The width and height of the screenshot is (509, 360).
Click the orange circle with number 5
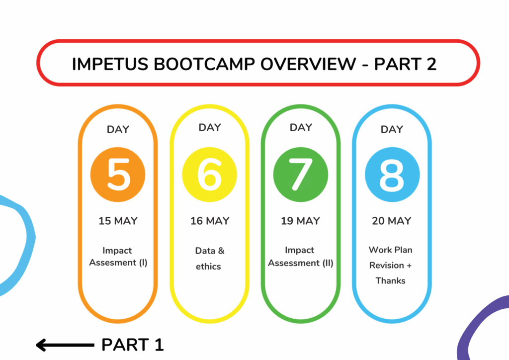point(118,175)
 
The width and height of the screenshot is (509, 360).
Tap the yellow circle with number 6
point(209,175)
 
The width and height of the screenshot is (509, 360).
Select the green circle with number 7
point(301,175)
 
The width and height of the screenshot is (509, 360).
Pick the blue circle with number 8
point(392,175)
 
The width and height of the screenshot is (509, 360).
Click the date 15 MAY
point(118,221)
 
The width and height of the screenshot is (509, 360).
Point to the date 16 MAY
point(210,221)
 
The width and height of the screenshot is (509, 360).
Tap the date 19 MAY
point(301,221)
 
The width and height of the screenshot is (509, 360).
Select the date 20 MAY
point(392,221)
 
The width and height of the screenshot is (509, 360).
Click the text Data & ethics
point(209,259)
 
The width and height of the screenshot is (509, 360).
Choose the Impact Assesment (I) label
point(118,257)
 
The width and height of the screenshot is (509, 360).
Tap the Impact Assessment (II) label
point(301,257)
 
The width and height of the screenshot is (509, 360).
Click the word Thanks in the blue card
point(391,281)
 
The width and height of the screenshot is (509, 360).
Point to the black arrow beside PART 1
point(65,345)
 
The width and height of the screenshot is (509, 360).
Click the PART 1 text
point(132,345)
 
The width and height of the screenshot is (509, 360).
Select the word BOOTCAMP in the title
point(204,64)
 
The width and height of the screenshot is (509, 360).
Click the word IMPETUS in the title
point(110,64)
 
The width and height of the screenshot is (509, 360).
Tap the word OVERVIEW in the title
point(308,64)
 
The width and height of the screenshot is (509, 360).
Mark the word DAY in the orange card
point(118,129)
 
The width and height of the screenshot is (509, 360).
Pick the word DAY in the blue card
point(392,129)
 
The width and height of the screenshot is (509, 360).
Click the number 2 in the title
point(431,64)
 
